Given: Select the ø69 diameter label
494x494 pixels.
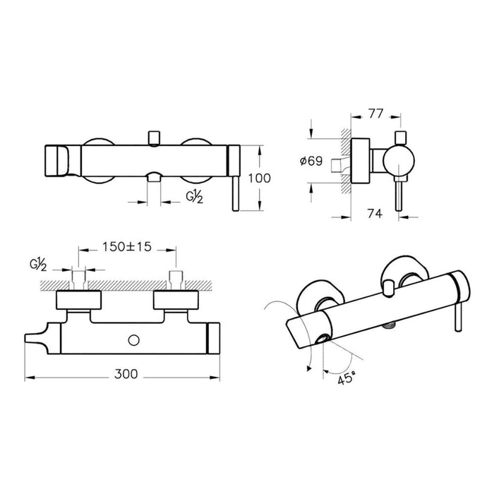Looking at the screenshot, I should [x=311, y=162].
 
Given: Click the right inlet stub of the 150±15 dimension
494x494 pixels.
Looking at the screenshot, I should [x=174, y=277].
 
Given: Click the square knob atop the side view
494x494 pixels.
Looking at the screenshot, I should [x=400, y=137].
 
